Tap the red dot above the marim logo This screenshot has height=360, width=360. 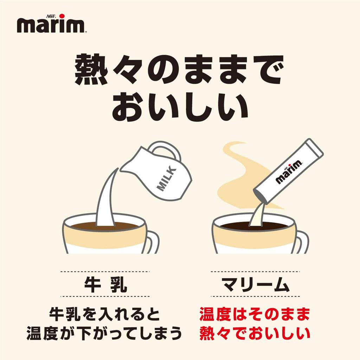pos(62,15)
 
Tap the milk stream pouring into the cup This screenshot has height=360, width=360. pos(105,200)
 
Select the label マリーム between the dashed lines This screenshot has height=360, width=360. pos(255,284)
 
